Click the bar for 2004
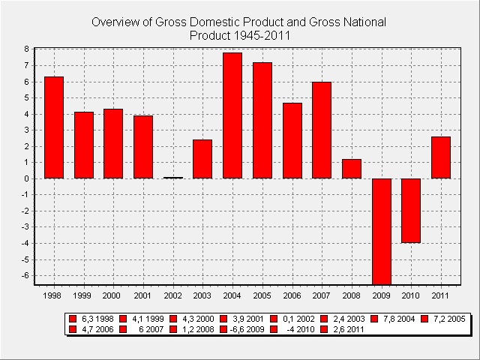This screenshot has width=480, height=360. (232, 115)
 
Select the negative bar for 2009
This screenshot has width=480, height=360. (382, 231)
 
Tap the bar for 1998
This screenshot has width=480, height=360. (54, 127)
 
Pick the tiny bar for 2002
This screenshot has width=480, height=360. (173, 178)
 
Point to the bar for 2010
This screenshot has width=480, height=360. (411, 211)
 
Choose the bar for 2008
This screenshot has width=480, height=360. (352, 169)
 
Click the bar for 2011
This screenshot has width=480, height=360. (441, 157)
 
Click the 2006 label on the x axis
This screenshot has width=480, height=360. (292, 295)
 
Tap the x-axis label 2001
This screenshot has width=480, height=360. (143, 295)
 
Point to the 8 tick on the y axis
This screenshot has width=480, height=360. (26, 49)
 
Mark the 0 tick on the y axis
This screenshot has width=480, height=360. (26, 178)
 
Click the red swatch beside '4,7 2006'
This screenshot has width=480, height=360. (73, 329)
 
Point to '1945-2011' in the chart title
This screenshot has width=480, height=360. (261, 34)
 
